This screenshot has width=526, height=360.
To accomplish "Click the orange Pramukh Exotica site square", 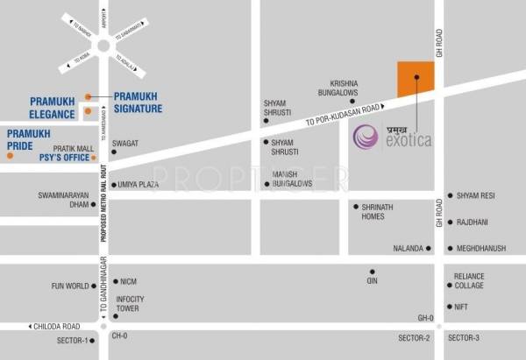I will pyautogui.click(x=416, y=79).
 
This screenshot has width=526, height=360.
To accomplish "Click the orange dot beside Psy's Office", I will pyautogui.click(x=10, y=156).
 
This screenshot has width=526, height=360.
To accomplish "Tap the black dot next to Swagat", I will pyautogui.click(x=113, y=153).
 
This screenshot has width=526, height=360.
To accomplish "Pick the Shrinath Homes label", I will pyautogui.click(x=380, y=211).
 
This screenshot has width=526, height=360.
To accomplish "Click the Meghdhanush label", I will pyautogui.click(x=481, y=248).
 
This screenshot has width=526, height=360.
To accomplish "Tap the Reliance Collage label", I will pyautogui.click(x=469, y=280).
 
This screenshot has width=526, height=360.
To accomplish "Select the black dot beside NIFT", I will pyautogui.click(x=449, y=307).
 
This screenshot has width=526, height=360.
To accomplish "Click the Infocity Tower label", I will pyautogui.click(x=131, y=303).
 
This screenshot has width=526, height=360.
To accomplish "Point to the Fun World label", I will pyautogui.click(x=70, y=286).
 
